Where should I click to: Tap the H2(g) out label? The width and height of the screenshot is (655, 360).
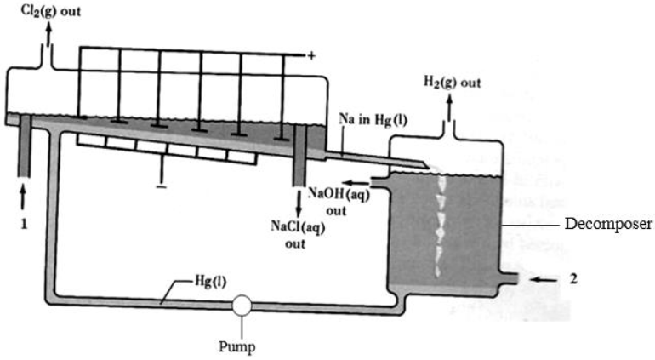pos(452,83)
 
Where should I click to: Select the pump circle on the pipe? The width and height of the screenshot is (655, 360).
pos(243,305)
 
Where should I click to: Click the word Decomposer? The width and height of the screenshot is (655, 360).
pos(608,225)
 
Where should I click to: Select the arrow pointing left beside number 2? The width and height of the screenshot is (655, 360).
pos(542,278)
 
